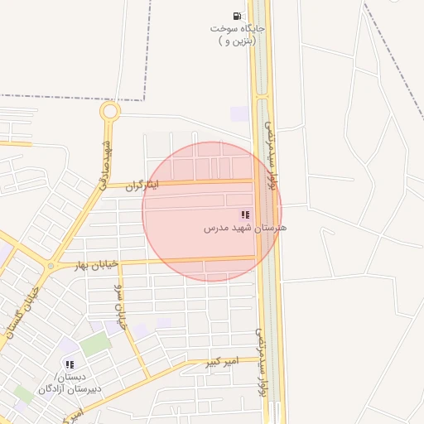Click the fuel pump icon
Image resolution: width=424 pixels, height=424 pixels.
pyautogui.click(x=238, y=16)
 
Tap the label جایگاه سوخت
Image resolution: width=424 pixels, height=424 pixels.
pyautogui.click(x=238, y=28)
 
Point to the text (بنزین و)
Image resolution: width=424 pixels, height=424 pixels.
pyautogui.click(x=238, y=40)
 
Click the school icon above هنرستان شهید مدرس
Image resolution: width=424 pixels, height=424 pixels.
pyautogui.click(x=245, y=214)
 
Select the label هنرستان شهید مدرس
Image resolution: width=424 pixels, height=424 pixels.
pyautogui.click(x=245, y=227)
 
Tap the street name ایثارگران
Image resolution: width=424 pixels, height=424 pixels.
pyautogui.click(x=141, y=185)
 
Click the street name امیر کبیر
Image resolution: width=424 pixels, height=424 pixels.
pyautogui.click(x=224, y=361)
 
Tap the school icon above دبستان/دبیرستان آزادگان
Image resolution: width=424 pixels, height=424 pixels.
pyautogui.click(x=70, y=364)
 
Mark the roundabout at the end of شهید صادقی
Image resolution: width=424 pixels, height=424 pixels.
pyautogui.click(x=109, y=111)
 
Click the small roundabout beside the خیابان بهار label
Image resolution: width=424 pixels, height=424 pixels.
pyautogui.click(x=51, y=267)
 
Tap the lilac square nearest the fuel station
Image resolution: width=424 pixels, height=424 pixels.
pyautogui.click(x=239, y=113)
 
